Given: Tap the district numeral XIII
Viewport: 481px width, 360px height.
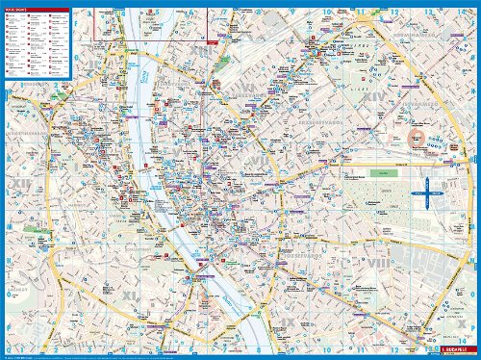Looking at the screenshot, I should pyautogui.click(x=201, y=50).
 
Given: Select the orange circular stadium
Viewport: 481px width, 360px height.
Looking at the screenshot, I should pyautogui.click(x=418, y=139).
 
